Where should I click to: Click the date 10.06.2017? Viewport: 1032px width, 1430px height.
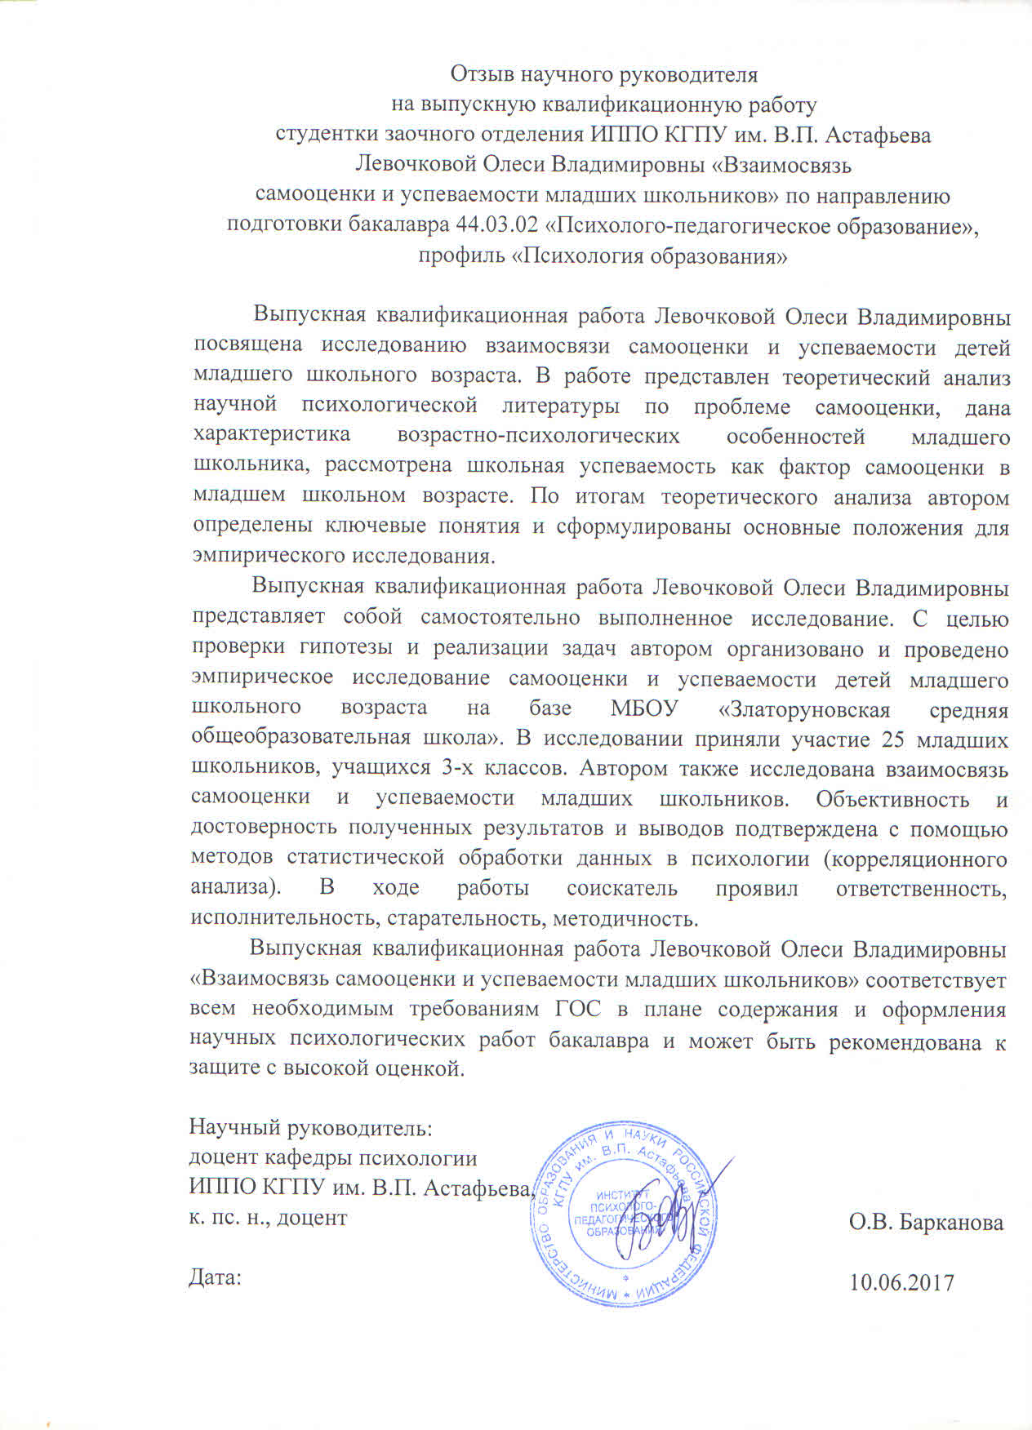click(x=901, y=1282)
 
